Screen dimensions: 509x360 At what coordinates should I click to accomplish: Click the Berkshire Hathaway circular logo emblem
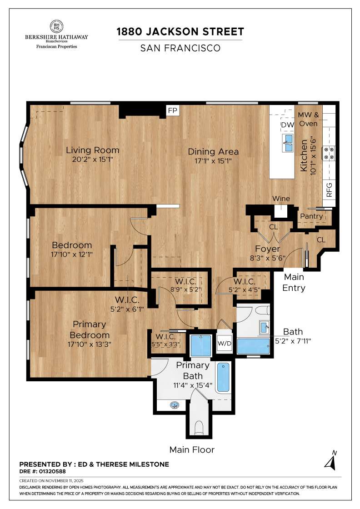click(x=57, y=26)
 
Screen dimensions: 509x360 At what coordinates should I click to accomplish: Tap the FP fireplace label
click(x=172, y=111)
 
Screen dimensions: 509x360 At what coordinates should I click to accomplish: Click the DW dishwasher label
click(x=287, y=125)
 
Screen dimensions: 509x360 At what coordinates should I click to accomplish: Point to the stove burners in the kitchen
click(x=329, y=153)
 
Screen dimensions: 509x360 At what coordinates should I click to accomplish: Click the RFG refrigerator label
click(x=330, y=189)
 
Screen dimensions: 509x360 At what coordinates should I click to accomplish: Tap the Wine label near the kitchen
click(x=281, y=199)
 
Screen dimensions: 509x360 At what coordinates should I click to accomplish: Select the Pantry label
click(x=311, y=216)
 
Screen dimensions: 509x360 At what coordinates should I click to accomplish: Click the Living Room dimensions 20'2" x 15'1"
click(x=93, y=160)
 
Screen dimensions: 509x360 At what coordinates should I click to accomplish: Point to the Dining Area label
click(x=213, y=152)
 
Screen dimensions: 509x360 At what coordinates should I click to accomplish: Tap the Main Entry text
click(x=293, y=282)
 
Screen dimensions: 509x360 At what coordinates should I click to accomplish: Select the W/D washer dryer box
click(x=225, y=344)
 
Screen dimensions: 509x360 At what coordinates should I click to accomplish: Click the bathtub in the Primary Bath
click(x=223, y=377)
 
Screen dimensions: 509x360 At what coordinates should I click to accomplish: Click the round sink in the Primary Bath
click(x=174, y=405)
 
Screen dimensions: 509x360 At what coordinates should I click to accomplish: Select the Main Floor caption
click(x=192, y=450)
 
